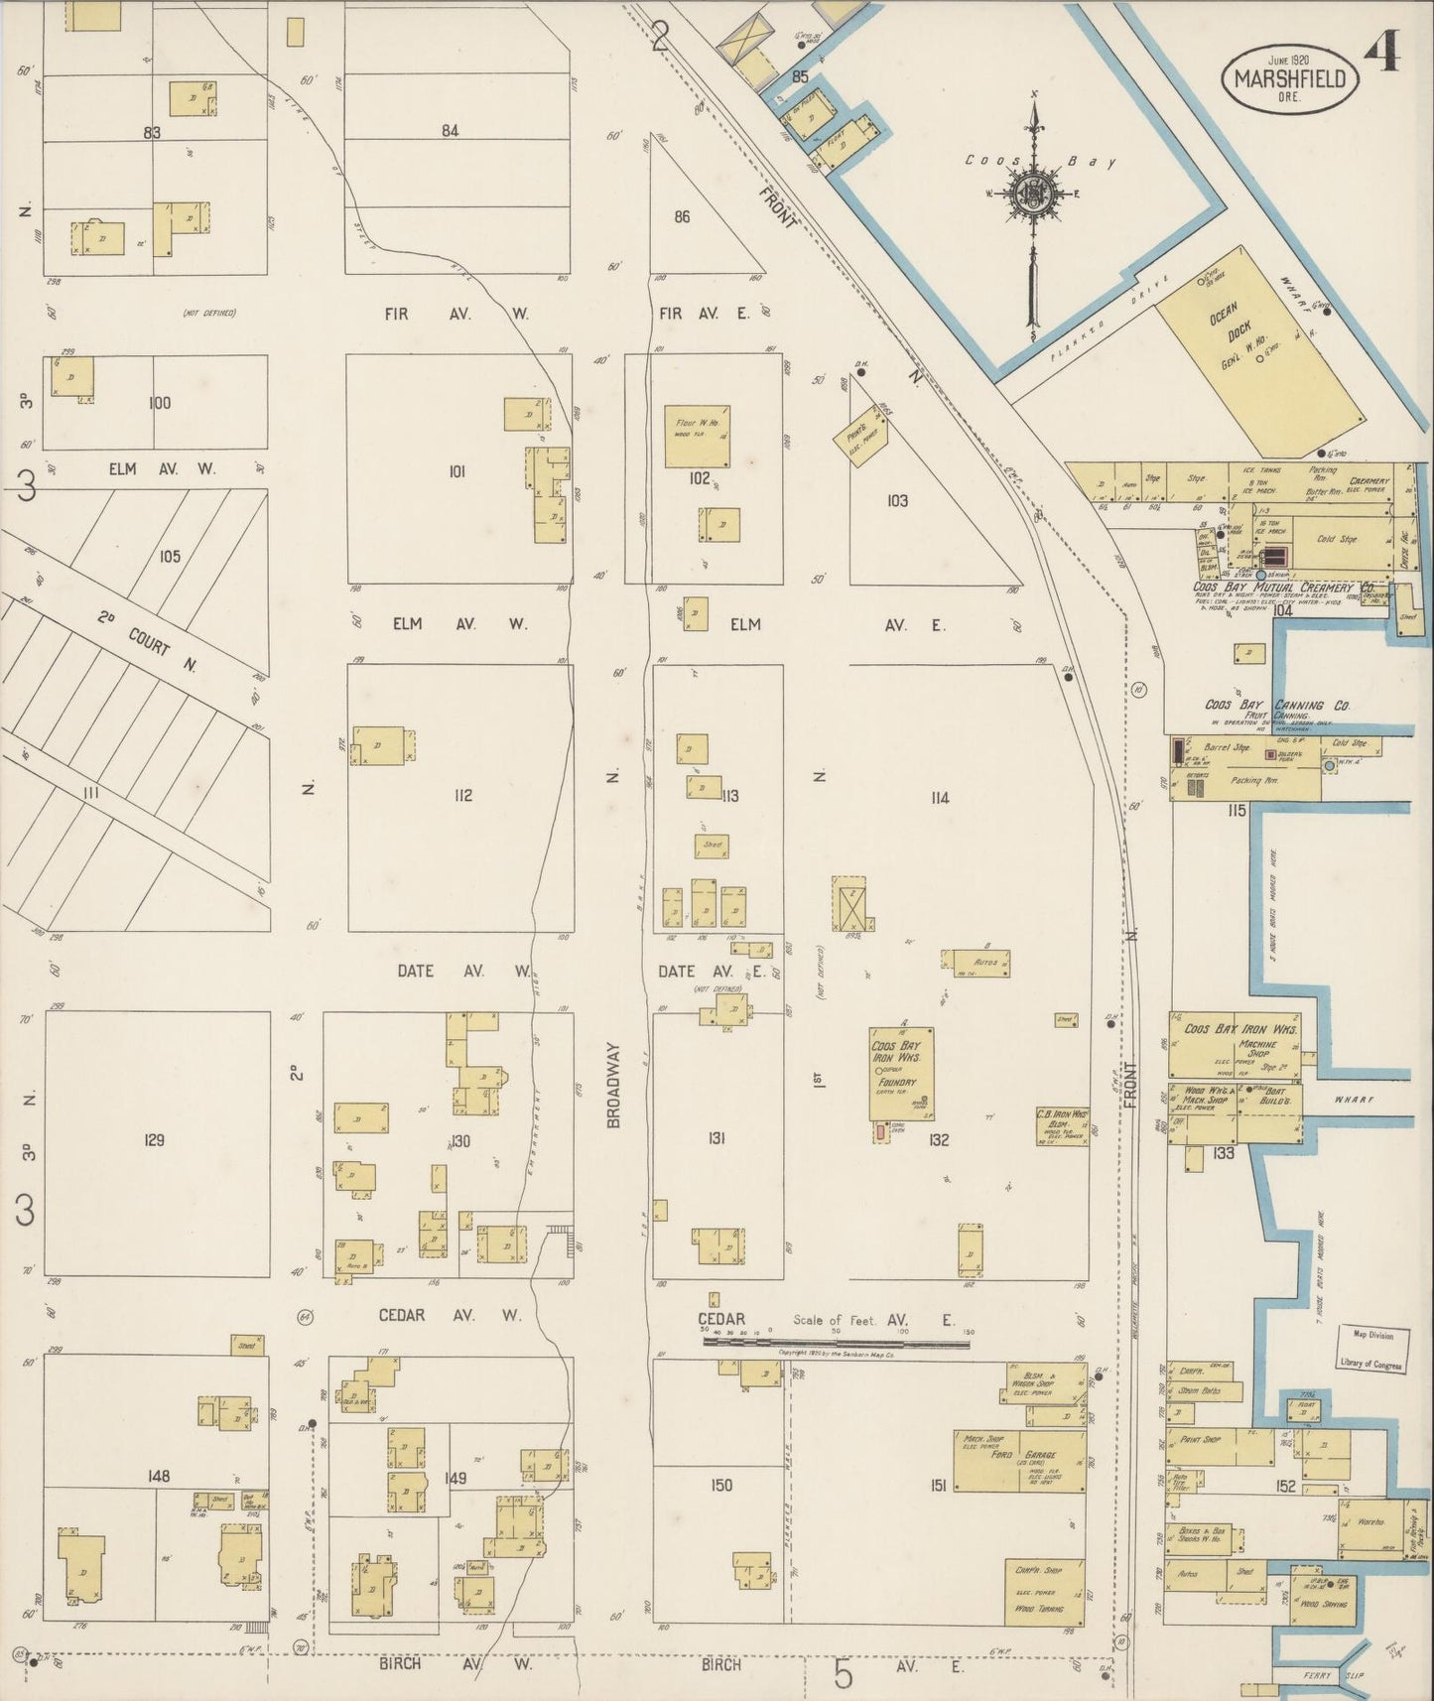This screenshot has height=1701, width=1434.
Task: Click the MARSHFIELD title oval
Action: [1290, 77]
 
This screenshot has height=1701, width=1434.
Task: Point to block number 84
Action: [451, 130]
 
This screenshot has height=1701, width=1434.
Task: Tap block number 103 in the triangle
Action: [897, 501]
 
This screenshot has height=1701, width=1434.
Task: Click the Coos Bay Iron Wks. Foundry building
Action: [901, 1078]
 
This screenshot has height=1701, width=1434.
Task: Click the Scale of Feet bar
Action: [836, 1343]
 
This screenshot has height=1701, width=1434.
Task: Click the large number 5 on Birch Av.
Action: [843, 1675]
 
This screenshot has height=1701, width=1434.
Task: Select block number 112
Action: [462, 795]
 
